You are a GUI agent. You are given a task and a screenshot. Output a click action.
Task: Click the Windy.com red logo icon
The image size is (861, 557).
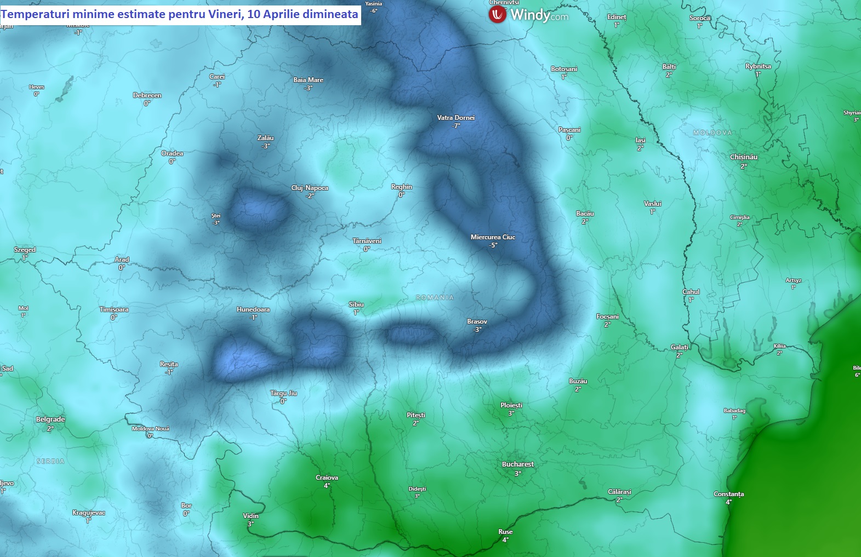497,15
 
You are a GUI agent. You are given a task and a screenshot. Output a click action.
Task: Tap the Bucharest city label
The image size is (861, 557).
517,464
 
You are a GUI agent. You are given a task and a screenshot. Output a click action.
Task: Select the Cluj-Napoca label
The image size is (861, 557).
310,188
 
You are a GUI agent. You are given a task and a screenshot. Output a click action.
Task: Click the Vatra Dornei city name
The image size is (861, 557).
455,118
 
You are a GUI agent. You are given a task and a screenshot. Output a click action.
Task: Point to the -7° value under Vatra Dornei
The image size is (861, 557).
455,126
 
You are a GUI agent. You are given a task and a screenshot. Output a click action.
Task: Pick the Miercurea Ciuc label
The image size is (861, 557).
493,237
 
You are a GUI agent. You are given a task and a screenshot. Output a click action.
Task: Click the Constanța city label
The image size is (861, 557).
728,494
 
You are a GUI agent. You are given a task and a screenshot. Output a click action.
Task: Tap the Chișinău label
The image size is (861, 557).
743,157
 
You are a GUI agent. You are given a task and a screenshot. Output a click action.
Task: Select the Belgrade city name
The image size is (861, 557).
50,420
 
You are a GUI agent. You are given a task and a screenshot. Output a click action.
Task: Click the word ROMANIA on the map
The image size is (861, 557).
435,297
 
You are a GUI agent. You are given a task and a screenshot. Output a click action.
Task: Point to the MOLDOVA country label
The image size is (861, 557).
712,133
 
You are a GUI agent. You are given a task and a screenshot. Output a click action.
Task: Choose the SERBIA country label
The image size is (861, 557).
50,461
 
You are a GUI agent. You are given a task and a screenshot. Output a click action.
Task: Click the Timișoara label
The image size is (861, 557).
114,309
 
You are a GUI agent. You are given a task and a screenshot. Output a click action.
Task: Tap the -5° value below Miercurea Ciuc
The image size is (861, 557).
493,245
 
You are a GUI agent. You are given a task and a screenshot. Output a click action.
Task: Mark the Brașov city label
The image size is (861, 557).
477,321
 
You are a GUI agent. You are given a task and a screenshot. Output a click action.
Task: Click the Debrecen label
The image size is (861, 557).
147,95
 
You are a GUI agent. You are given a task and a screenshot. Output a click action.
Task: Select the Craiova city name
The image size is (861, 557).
327,478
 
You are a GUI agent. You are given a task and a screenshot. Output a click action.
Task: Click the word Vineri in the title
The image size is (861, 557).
225,14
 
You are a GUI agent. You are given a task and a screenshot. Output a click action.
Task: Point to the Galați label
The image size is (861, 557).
679,347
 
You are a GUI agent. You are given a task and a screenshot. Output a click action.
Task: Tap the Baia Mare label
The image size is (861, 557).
308,80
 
